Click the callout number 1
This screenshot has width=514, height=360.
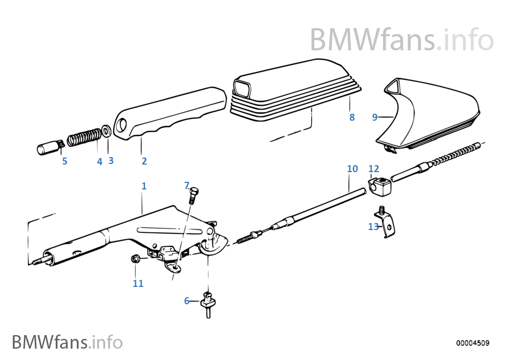[144, 186]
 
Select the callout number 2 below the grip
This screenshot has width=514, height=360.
[144, 161]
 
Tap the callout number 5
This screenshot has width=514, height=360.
[64, 161]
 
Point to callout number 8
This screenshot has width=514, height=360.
[352, 117]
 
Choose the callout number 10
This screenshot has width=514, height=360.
[352, 169]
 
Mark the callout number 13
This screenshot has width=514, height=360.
[373, 227]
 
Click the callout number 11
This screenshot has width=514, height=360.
[138, 283]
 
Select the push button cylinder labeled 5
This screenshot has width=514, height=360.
[49, 148]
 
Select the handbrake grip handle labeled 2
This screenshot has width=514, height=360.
[170, 114]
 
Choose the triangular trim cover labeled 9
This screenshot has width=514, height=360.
[433, 114]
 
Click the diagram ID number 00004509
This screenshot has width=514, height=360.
[472, 343]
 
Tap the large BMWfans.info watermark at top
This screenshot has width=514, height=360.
[401, 39]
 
